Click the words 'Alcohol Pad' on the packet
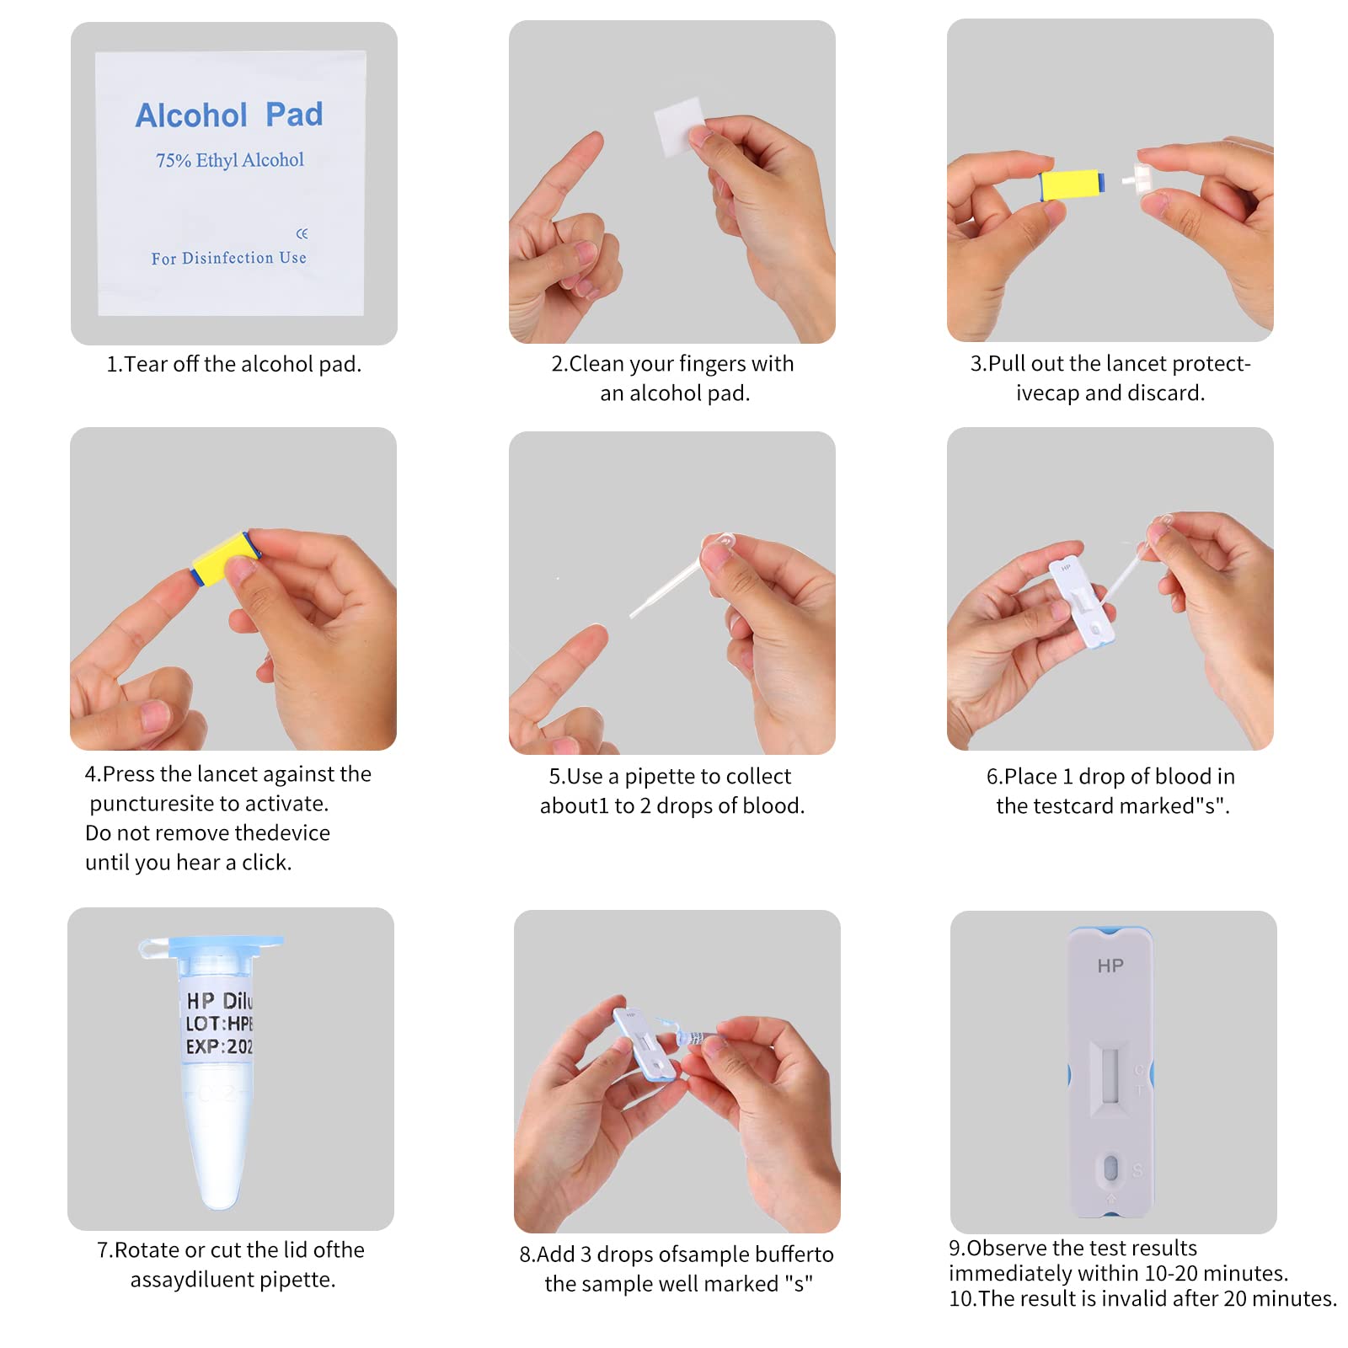tap(229, 115)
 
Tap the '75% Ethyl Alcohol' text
tap(229, 160)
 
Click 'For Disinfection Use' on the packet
tap(228, 258)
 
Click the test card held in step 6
tap(1082, 603)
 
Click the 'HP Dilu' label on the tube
tap(218, 1001)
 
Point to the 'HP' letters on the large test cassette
tap(1110, 966)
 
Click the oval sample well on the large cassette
tap(1110, 1168)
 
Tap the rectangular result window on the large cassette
tap(1110, 1075)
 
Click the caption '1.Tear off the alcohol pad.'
tap(233, 364)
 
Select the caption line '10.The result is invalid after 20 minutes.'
tap(1142, 1298)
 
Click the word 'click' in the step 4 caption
tap(265, 863)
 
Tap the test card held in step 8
tap(645, 1045)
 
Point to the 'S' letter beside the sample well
tap(1137, 1170)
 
